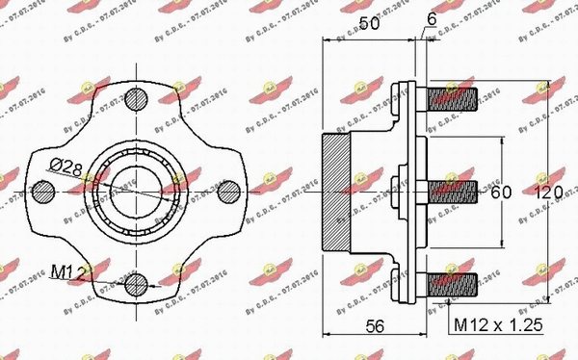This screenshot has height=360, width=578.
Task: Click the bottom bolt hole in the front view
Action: tap(137, 283)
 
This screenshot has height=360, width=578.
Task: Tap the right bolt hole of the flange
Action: tap(228, 191)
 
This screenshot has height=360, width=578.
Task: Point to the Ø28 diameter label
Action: tap(66, 167)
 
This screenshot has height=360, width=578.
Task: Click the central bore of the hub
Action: tap(137, 191)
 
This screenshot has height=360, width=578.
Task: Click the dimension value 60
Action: tap(501, 193)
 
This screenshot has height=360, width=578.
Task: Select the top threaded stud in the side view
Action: tap(451, 96)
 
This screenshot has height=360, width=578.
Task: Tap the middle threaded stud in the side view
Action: tap(451, 191)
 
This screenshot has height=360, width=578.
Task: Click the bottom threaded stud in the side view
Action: tap(451, 285)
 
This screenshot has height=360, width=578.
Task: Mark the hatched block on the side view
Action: tap(335, 191)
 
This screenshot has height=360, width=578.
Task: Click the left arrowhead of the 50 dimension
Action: tap(326, 39)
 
